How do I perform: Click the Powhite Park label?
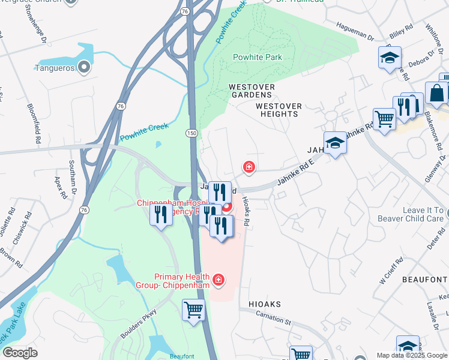[x=257, y=58]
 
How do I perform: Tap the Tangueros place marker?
[x=84, y=68]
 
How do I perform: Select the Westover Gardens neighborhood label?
[x=252, y=91]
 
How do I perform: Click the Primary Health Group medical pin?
[x=218, y=280]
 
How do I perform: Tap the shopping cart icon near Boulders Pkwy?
[x=194, y=311]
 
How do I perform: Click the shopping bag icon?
[x=436, y=94]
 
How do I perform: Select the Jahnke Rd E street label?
[x=297, y=172]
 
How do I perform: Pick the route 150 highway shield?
[x=191, y=132]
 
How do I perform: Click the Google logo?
[x=20, y=353]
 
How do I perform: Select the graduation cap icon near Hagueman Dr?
[x=390, y=58]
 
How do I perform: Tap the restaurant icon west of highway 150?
[x=160, y=215]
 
